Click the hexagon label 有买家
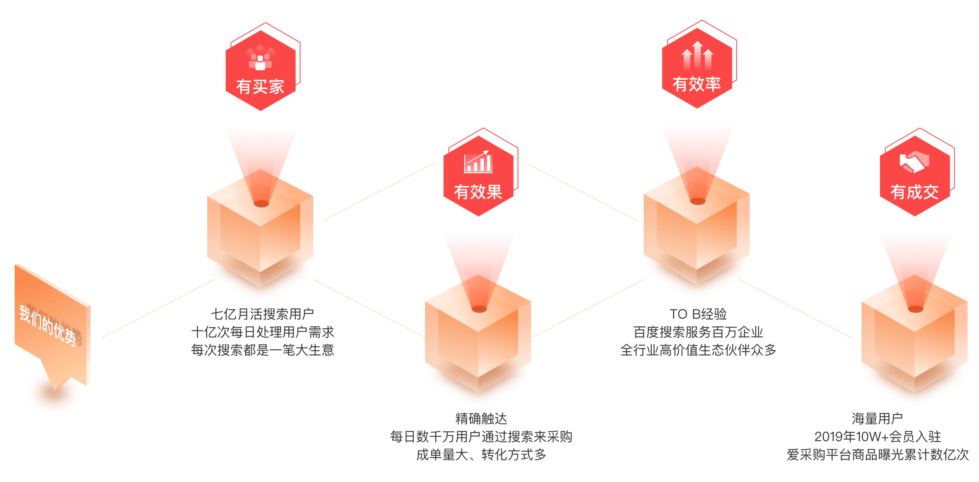coord(260,87)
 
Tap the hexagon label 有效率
coord(697,84)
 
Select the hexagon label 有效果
coord(478,192)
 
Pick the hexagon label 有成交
coord(915,192)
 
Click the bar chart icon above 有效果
coord(478,162)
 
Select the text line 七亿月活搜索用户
coord(262,314)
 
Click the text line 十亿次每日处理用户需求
coord(262,332)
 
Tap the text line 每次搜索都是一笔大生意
coord(262,350)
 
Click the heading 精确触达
coord(481,419)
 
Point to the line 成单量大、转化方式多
coord(481,455)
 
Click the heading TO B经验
coord(698,314)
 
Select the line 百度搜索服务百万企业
coord(698,332)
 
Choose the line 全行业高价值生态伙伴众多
coord(698,350)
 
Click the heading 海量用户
coord(877,419)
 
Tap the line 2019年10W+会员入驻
coord(877,437)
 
